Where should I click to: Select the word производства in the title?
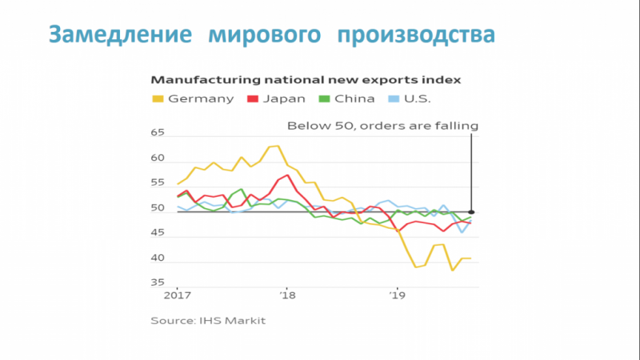pyautogui.click(x=415, y=34)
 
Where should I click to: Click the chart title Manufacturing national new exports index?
pyautogui.click(x=306, y=80)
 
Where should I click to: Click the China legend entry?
pyautogui.click(x=348, y=99)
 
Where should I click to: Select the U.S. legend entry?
pyautogui.click(x=415, y=99)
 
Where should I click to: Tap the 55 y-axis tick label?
pyautogui.click(x=158, y=185)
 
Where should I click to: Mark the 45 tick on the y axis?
pyautogui.click(x=158, y=233)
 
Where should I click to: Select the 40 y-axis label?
pyautogui.click(x=158, y=258)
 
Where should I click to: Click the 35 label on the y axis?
pyautogui.click(x=158, y=283)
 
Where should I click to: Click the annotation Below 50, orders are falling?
pyautogui.click(x=382, y=126)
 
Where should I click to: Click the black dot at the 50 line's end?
pyautogui.click(x=472, y=212)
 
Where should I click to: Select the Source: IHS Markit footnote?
pyautogui.click(x=208, y=320)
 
